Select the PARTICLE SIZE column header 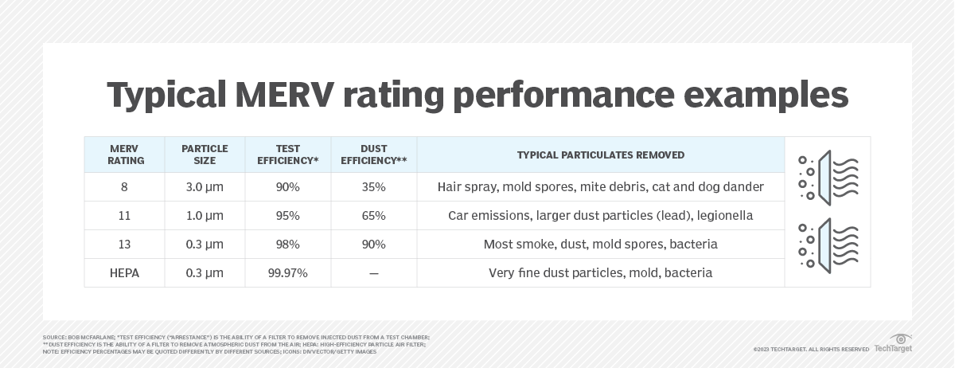(205, 155)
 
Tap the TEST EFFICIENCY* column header (288, 155)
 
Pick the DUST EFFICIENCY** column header (373, 155)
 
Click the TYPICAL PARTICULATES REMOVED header (600, 155)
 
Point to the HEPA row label (125, 273)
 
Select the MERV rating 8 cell (125, 187)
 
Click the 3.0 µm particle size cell (205, 187)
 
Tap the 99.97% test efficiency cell (288, 273)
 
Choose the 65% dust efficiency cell (373, 216)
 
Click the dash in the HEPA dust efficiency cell (373, 273)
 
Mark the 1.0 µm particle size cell (205, 216)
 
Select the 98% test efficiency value (288, 245)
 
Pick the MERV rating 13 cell (125, 245)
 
